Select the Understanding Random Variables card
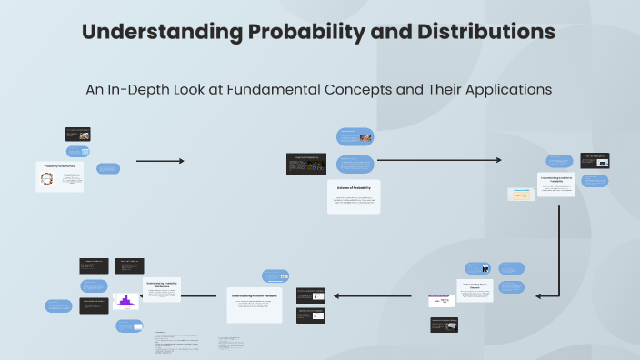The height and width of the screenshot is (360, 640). pyautogui.click(x=254, y=305)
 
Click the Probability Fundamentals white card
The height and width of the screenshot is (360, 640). pyautogui.click(x=60, y=176)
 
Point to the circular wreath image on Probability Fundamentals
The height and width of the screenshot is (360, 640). pyautogui.click(x=46, y=179)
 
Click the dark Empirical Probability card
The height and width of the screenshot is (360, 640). pyautogui.click(x=306, y=163)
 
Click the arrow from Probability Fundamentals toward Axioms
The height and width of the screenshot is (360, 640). pyautogui.click(x=160, y=161)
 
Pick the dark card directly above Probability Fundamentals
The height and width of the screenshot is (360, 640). pyautogui.click(x=77, y=134)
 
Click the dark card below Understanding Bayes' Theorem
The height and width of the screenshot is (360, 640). pyautogui.click(x=444, y=325)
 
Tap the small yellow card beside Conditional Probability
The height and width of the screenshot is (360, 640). pyautogui.click(x=521, y=194)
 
